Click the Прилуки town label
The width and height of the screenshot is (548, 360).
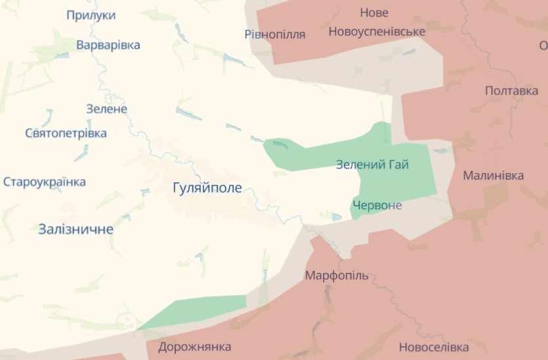(x=91, y=15)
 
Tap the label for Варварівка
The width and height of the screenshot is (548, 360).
(x=108, y=45)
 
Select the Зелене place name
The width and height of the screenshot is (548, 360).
(x=106, y=109)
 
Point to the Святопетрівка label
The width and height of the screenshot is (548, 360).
(x=66, y=133)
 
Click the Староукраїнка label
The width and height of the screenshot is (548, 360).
(x=45, y=182)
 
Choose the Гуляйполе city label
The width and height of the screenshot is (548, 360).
(x=207, y=188)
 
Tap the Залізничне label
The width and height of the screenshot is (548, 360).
(x=75, y=229)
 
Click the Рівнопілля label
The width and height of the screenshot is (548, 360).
(x=275, y=34)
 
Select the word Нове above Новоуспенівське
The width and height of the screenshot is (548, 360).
(x=374, y=12)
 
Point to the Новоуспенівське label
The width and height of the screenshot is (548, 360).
(x=377, y=31)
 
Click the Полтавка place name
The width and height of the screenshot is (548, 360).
(x=511, y=90)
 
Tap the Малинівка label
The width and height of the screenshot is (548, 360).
(x=494, y=175)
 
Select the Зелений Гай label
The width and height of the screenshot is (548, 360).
(x=372, y=165)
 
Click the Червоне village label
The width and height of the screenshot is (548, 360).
(x=377, y=205)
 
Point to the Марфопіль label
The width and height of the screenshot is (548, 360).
(x=337, y=275)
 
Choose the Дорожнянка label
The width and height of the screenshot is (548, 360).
(x=194, y=346)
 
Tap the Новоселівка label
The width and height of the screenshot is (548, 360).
(x=434, y=347)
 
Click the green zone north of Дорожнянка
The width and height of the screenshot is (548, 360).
(x=197, y=310)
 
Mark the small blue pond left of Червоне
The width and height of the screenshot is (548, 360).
(x=337, y=216)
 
